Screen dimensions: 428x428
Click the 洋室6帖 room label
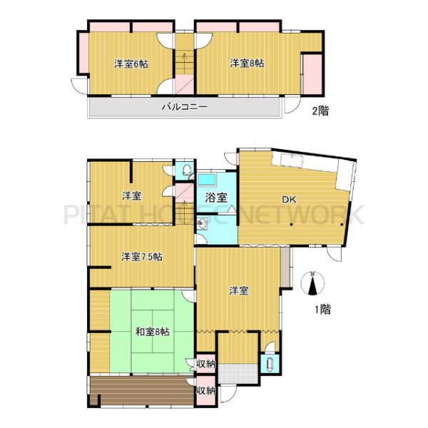point(131,64)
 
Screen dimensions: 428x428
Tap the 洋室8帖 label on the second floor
point(247,63)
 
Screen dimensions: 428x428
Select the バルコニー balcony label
point(185,107)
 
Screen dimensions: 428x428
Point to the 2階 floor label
point(320,111)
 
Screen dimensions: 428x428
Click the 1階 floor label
point(323,310)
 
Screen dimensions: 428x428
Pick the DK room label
point(289,200)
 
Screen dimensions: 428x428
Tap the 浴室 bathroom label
point(216,198)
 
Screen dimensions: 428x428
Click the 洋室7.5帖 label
point(142,257)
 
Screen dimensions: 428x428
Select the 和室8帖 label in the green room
point(153,332)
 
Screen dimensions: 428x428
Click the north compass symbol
point(313,284)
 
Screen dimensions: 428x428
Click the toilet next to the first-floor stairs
point(187,170)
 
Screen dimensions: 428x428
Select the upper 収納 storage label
point(206,364)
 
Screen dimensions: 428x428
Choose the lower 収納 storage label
point(206,391)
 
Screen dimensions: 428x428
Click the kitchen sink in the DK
point(292,160)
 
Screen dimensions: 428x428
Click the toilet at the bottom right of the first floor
point(270,363)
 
